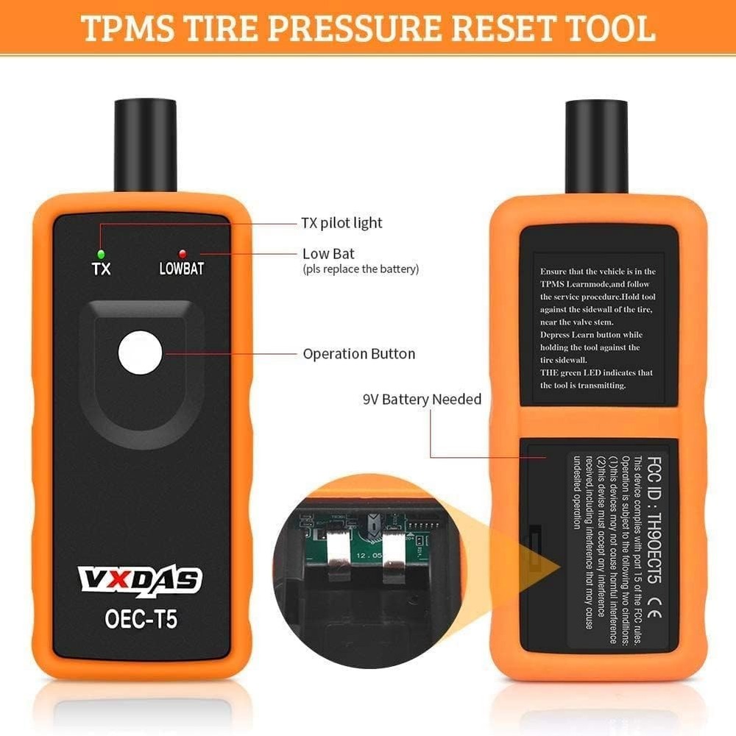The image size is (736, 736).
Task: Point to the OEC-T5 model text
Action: tap(140, 619)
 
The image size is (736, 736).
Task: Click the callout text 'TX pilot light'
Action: tap(342, 222)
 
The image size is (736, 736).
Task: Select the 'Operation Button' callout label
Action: tap(359, 354)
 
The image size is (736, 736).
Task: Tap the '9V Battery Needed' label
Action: tap(422, 400)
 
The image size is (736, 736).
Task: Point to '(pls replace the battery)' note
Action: tap(361, 269)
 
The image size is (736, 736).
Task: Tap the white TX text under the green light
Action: tap(101, 269)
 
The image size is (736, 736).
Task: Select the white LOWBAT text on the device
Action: tap(182, 269)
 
